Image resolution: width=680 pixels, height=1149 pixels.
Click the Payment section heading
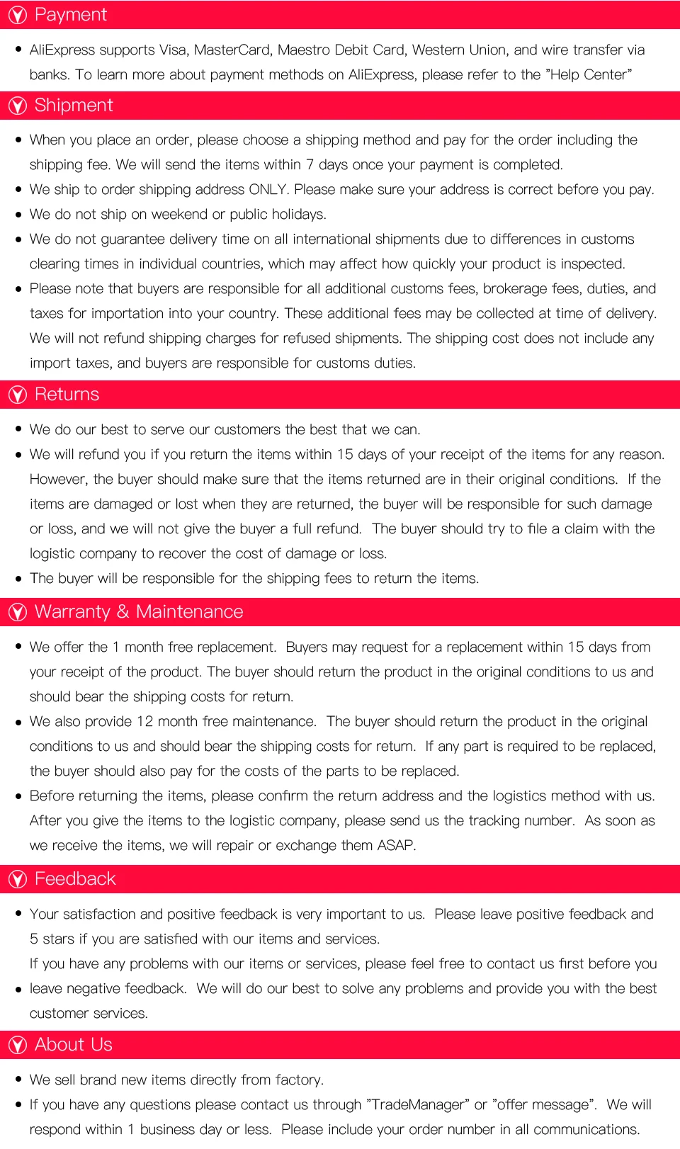pos(70,15)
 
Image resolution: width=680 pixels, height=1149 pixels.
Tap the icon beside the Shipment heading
pos(17,106)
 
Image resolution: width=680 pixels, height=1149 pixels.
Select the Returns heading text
pos(67,395)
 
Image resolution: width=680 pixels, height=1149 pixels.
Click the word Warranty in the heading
pos(72,612)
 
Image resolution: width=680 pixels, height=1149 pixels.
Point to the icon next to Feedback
pos(17,879)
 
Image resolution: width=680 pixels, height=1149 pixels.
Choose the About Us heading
pos(73,1045)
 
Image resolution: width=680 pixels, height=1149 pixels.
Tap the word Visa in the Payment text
pos(173,50)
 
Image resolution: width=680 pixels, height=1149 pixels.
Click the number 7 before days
pos(310,164)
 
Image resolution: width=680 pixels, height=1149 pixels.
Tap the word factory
pos(298,1080)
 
